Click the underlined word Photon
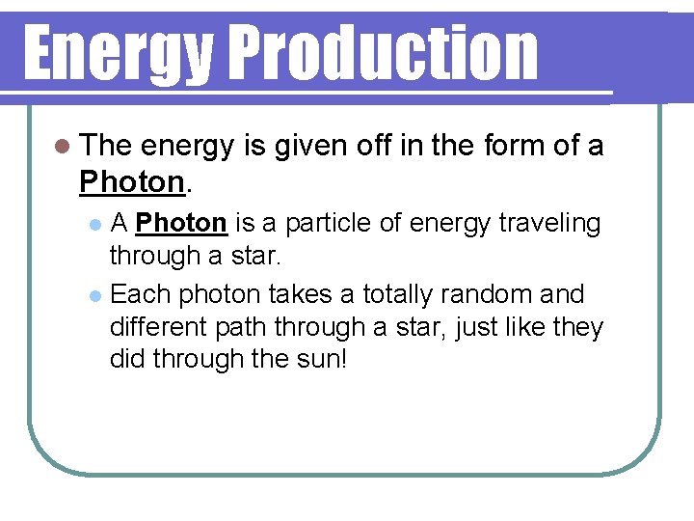point(181,224)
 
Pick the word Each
point(142,293)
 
